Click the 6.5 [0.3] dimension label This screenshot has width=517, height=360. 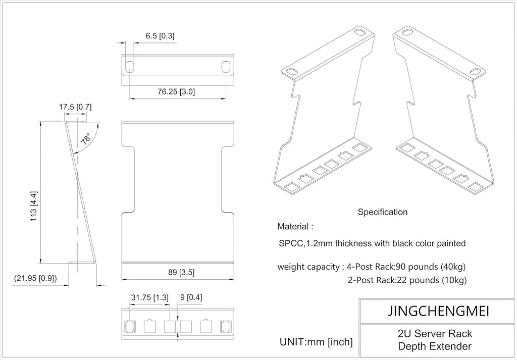160,36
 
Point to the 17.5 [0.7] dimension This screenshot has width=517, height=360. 75,107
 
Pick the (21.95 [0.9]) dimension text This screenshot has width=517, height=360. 35,278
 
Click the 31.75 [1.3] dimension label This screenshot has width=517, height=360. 149,297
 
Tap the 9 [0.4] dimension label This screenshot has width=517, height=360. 191,297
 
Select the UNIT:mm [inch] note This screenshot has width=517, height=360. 316,342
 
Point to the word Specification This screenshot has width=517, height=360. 382,212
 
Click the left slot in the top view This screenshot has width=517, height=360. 129,66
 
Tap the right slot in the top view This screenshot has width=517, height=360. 226,66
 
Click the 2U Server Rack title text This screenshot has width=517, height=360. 434,334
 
